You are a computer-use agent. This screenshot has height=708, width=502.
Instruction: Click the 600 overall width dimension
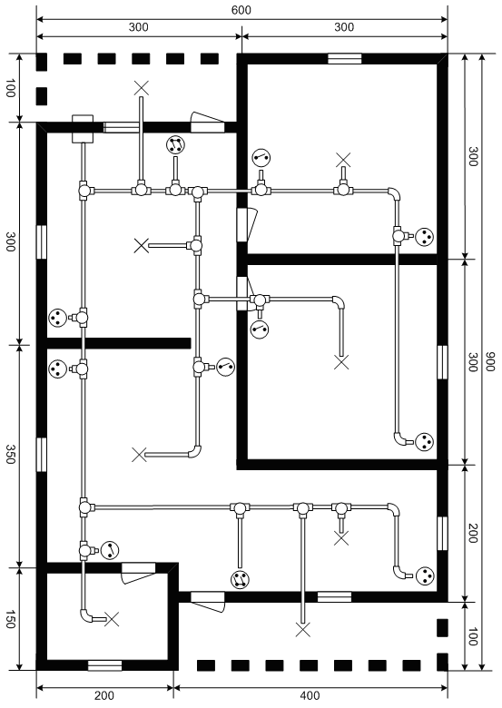coord(241,10)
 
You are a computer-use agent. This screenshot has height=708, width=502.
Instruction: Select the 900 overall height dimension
coord(490,361)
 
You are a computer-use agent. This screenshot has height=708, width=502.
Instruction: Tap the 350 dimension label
coord(10,454)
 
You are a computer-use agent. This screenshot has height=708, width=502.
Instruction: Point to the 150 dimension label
coord(10,619)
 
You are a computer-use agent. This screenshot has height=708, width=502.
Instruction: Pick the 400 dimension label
coord(310,696)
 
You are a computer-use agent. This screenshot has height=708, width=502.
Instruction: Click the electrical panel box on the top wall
coord(83,128)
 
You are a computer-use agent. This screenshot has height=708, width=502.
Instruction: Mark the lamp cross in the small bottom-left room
coord(112,619)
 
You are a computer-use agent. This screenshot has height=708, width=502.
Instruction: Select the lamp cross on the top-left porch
coord(142,89)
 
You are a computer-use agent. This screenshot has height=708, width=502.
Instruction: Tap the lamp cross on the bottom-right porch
coord(303,629)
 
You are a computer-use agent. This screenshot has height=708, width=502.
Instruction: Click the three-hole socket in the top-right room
coord(424,236)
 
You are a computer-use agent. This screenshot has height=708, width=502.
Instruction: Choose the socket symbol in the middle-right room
coord(424,441)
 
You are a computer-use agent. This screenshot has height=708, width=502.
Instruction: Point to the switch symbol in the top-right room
coord(261,158)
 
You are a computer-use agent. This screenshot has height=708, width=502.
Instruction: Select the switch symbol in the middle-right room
coord(260,329)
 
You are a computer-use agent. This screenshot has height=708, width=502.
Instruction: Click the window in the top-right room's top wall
coord(344,59)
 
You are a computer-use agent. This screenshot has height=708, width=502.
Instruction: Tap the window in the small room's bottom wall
coord(104,665)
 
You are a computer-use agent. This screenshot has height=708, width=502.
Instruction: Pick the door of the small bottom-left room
coord(139,573)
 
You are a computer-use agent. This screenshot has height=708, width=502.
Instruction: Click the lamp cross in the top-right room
coord(343,160)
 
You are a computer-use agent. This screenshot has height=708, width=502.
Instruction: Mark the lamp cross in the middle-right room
coord(341,362)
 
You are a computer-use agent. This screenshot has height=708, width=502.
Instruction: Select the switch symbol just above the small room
coord(110,550)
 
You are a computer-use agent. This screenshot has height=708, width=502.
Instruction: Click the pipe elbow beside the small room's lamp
coord(85,615)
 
